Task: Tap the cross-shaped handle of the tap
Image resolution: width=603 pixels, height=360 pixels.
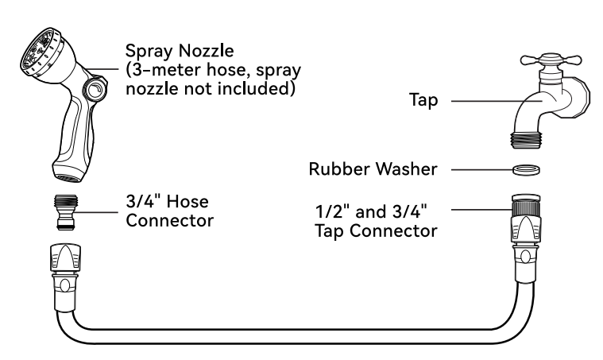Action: coord(551,60)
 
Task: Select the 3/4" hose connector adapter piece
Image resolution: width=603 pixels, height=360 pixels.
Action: coord(65,212)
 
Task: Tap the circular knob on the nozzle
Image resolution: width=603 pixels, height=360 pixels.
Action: coord(95,89)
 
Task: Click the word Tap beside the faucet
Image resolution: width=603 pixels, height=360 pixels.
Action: coord(423,100)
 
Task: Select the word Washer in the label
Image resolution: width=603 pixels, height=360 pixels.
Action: coord(407,168)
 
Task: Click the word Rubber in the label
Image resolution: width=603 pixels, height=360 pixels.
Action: coord(339,168)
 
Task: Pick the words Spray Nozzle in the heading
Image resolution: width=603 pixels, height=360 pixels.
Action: coord(180,51)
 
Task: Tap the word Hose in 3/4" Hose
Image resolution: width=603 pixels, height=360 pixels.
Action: coord(187,202)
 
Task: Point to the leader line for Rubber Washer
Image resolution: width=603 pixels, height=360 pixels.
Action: coord(482,169)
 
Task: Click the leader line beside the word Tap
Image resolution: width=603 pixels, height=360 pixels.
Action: coord(497,101)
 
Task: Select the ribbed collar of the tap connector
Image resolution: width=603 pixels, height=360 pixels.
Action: coord(527,208)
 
